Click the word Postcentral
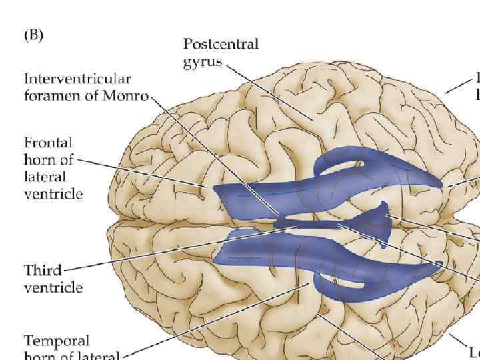pyautogui.click(x=221, y=45)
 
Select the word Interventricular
pyautogui.click(x=77, y=79)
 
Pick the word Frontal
pyautogui.click(x=47, y=143)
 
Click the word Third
pyautogui.click(x=43, y=271)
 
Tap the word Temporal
pyautogui.click(x=57, y=340)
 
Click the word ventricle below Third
pyautogui.click(x=53, y=288)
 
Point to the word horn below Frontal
pyautogui.click(x=40, y=160)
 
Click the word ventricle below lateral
pyautogui.click(x=53, y=194)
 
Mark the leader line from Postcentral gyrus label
pyautogui.click(x=267, y=90)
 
